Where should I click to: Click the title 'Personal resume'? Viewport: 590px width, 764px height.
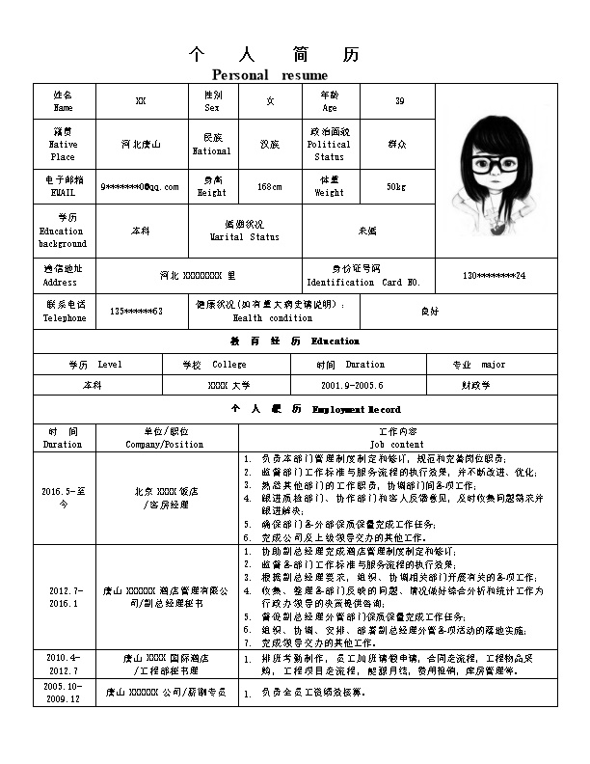pos(270,75)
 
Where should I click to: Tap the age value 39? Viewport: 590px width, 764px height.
pos(400,101)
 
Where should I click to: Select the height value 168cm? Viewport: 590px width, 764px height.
pos(270,186)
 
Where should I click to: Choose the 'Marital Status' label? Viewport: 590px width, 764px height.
pos(245,236)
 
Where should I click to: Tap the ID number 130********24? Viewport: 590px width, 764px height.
pos(495,276)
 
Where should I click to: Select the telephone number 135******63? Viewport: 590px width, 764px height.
pos(136,312)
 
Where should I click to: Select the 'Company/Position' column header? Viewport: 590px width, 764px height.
pos(165,445)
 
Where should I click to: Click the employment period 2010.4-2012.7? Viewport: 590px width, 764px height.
pos(64,663)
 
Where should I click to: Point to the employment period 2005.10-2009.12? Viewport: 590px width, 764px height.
pos(64,692)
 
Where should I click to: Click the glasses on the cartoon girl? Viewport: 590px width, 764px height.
pos(496,163)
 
